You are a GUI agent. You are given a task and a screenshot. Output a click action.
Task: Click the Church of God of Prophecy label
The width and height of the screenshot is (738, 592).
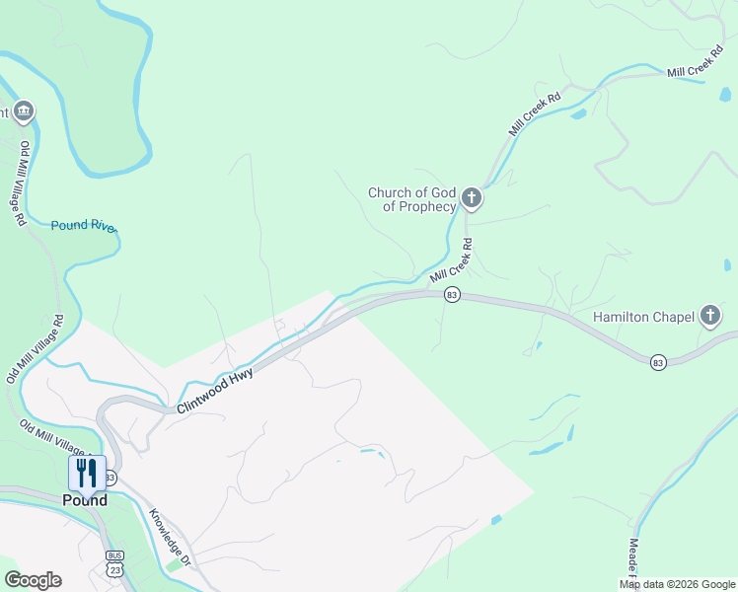click(x=411, y=199)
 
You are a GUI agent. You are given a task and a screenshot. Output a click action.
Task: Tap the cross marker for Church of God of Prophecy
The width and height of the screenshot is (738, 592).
click(x=472, y=199)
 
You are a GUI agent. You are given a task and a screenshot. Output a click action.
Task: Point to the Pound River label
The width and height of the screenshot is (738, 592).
click(x=85, y=226)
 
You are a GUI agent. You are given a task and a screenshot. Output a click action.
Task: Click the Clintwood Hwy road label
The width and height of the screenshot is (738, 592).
click(x=215, y=390)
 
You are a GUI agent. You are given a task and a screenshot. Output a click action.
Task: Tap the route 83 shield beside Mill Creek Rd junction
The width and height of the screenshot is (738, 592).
click(x=452, y=295)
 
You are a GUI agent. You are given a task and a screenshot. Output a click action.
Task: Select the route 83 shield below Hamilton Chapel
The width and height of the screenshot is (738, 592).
click(x=658, y=363)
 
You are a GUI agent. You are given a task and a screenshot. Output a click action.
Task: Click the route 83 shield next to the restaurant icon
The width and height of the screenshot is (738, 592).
click(x=110, y=478)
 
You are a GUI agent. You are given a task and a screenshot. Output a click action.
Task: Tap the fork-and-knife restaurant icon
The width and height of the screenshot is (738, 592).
click(x=87, y=472)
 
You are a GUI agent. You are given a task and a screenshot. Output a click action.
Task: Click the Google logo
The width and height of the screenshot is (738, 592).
click(x=33, y=580)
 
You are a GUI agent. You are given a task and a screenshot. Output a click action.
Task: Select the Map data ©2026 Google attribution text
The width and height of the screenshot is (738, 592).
click(x=677, y=584)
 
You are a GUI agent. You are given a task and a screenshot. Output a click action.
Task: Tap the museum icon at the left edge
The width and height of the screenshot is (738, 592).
click(x=24, y=111)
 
